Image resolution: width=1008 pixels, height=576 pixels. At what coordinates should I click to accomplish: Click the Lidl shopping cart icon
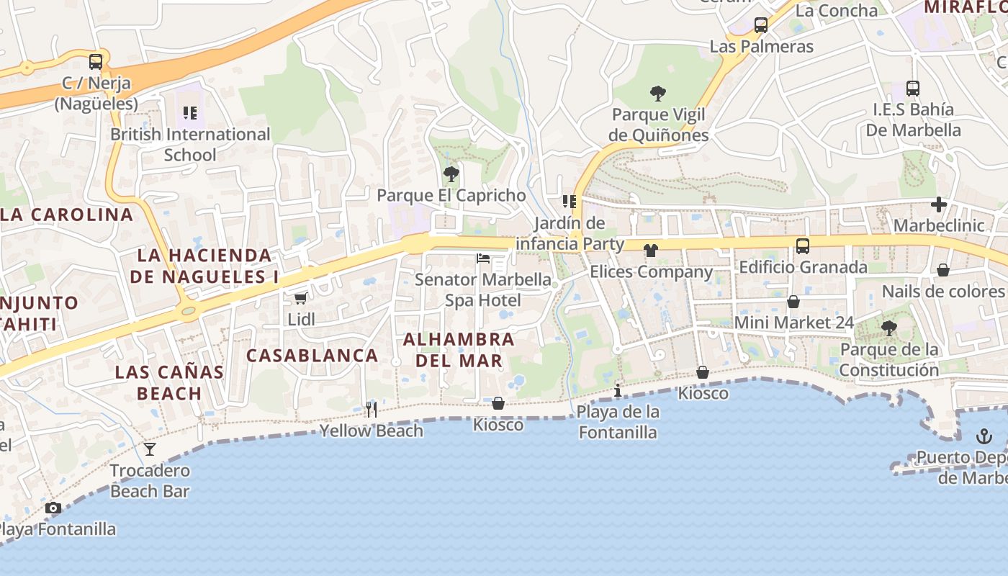coord(300,298)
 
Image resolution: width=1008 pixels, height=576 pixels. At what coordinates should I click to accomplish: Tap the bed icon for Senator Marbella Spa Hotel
coord(483,258)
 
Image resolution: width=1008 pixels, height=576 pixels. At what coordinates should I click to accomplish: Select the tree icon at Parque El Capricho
coord(451,174)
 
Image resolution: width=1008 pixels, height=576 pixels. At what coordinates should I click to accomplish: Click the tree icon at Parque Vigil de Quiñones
coord(657,93)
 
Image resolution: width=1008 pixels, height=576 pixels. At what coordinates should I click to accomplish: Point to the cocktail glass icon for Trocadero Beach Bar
coord(150,449)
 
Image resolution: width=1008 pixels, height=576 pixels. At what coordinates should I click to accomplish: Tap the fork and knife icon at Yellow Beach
coord(372,410)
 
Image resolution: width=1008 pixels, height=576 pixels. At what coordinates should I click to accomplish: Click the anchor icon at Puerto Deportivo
coord(984,436)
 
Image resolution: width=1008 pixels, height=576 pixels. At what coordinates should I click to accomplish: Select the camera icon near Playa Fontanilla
coord(53,508)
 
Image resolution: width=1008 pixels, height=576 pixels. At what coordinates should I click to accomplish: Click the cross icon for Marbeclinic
coord(939,204)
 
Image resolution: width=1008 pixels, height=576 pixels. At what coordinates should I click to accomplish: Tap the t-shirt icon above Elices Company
coord(651,251)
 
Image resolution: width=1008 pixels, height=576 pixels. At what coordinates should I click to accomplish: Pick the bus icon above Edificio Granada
coord(803,246)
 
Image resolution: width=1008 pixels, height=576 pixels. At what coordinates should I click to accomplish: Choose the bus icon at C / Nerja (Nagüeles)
coord(96,62)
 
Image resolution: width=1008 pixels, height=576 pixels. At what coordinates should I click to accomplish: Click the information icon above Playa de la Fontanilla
coord(618,391)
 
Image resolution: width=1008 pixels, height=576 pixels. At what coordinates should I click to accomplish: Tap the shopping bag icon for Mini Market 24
coord(793,302)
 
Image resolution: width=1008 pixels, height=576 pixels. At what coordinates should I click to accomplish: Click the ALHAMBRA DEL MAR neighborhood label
coord(459,349)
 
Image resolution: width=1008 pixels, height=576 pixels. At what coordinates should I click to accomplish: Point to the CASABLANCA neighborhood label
coord(312,355)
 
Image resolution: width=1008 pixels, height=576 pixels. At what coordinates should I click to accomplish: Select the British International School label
coord(190,144)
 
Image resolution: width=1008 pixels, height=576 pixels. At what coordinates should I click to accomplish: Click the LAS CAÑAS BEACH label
coord(169,382)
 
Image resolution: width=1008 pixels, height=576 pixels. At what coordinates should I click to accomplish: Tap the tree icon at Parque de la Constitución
coord(889,328)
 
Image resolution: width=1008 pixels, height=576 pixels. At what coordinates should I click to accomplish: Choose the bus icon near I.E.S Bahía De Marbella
coord(913,89)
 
